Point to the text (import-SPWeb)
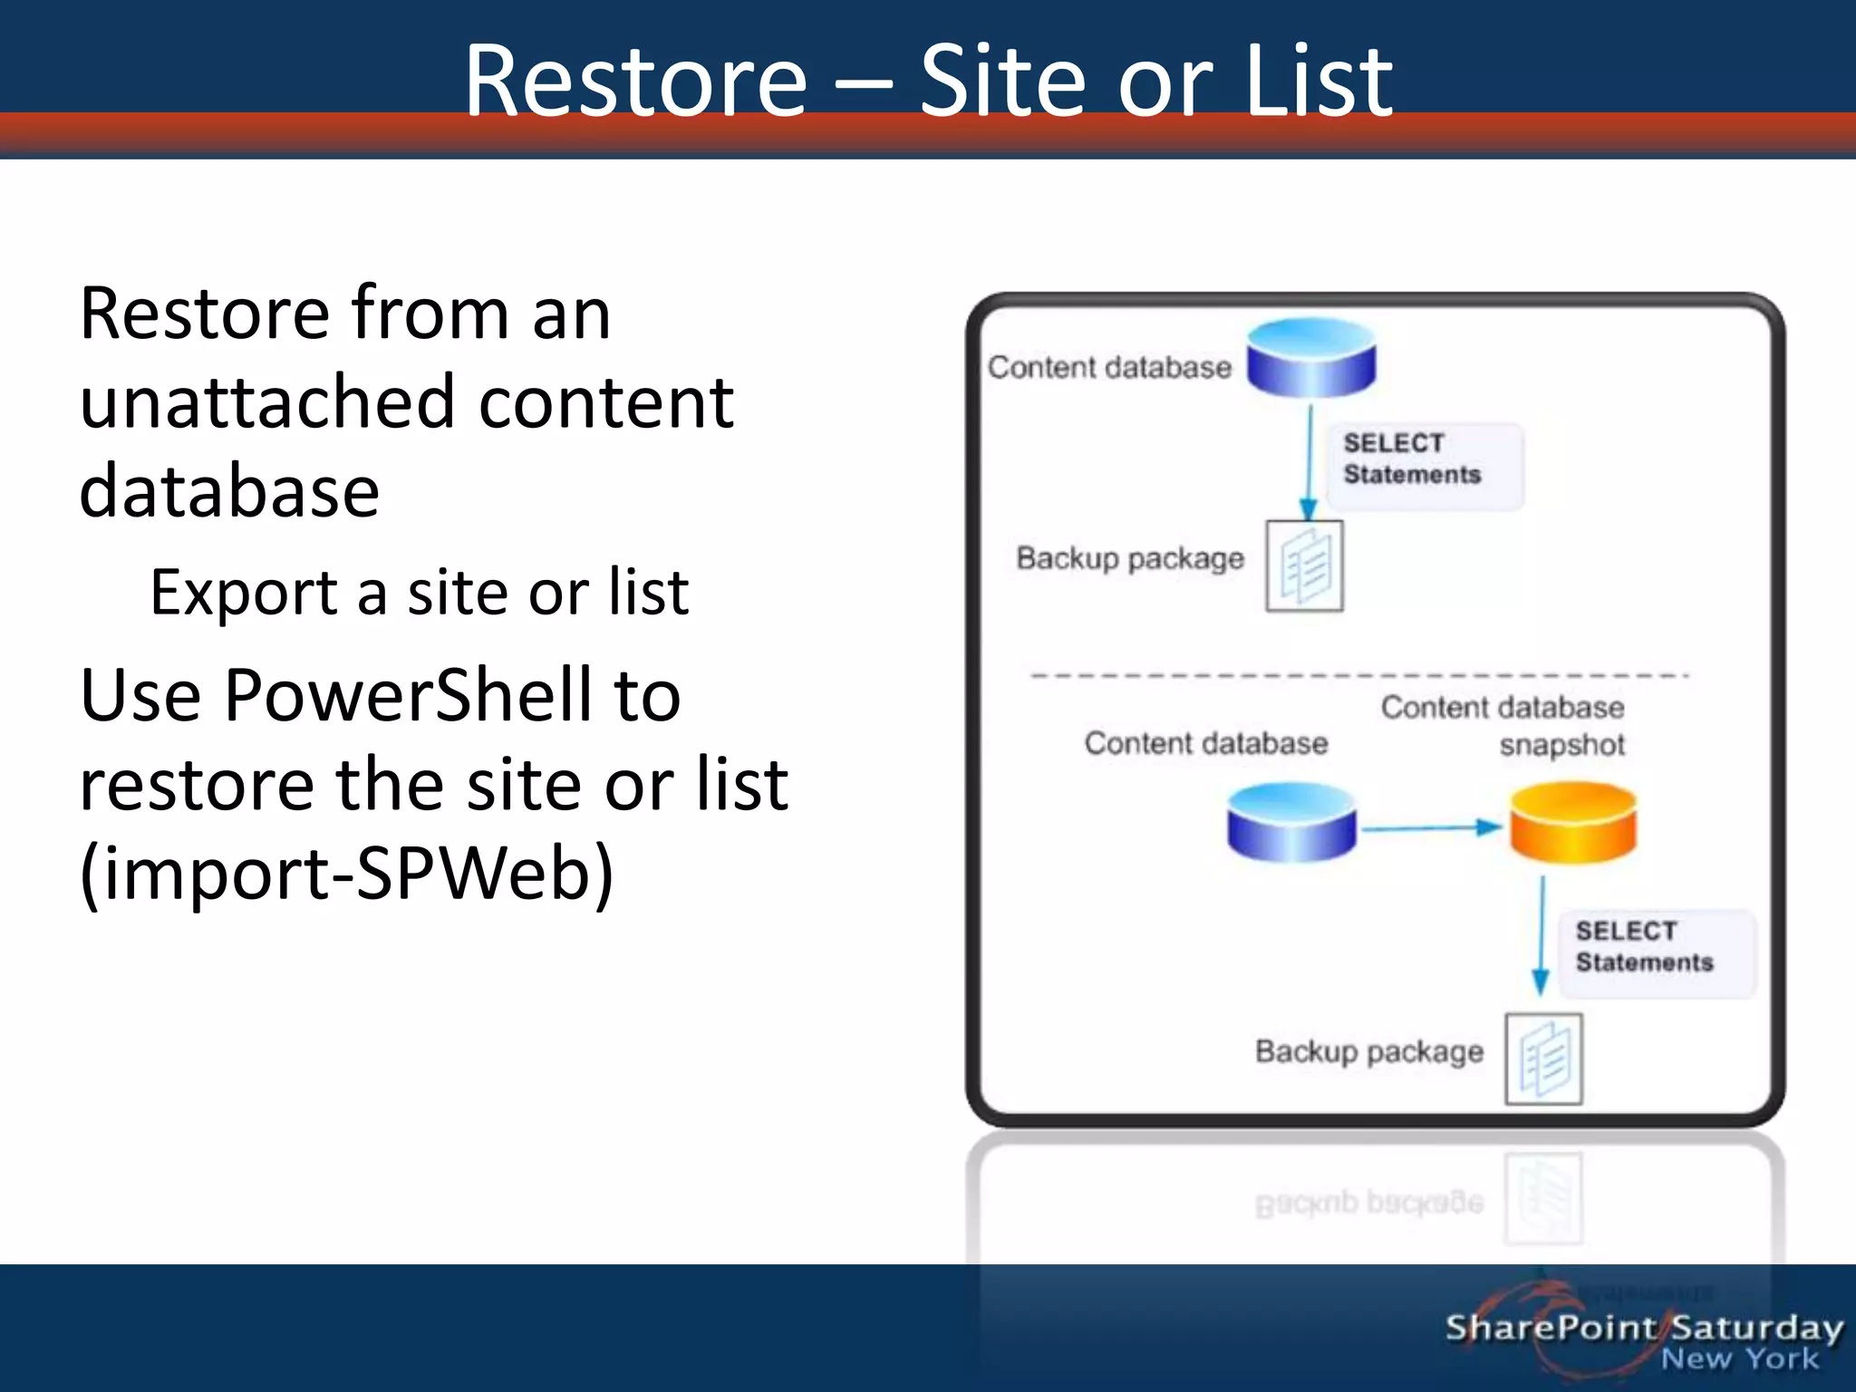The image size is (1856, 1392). [x=346, y=874]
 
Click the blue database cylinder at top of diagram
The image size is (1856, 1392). [x=1310, y=358]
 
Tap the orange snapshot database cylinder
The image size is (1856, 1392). [x=1572, y=823]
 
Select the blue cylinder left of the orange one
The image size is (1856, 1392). [x=1291, y=823]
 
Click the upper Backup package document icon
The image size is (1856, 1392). [x=1304, y=566]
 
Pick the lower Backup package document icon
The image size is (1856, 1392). [x=1543, y=1058]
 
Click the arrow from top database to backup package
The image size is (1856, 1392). [x=1309, y=462]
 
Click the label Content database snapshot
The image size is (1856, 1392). [x=1503, y=725]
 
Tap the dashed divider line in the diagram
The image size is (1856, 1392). [x=1359, y=675]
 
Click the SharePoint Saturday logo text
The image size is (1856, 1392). [x=1643, y=1328]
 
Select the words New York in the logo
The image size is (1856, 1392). [x=1739, y=1359]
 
